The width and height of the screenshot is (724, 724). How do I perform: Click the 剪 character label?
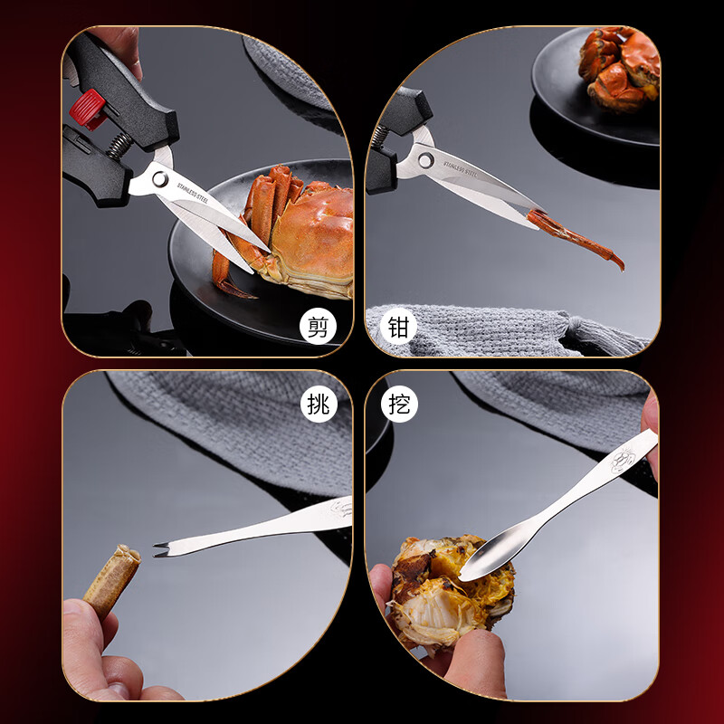pos(318,327)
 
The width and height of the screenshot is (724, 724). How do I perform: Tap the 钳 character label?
pos(398,327)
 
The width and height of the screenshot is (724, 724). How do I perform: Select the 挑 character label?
pos(319,404)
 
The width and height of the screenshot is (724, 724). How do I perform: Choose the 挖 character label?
pos(399,404)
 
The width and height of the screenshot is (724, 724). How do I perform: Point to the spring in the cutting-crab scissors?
pos(119,146)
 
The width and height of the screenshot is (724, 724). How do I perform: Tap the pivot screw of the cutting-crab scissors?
pos(160,179)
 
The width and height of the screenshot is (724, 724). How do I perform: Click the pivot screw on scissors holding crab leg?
pos(425,160)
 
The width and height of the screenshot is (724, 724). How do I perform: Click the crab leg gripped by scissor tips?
pos(576,238)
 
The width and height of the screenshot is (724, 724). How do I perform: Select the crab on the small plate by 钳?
pos(619,69)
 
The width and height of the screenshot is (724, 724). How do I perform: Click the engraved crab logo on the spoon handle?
pos(624,459)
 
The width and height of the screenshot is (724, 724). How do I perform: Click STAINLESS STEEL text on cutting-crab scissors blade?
pos(193,193)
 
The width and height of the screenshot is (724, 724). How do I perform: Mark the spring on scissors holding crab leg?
pos(378,137)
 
